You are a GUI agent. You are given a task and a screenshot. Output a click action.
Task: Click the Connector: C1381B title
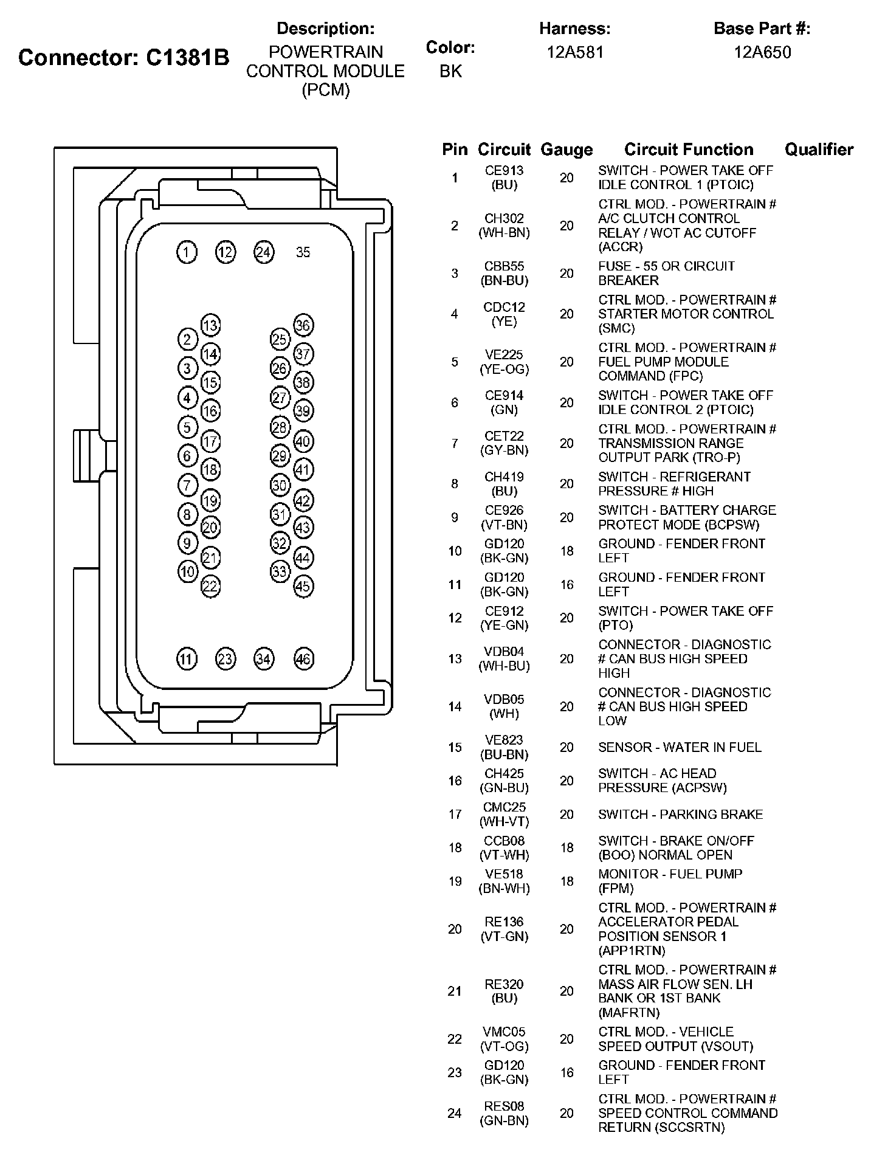click(x=124, y=58)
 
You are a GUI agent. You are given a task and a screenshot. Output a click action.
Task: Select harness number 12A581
click(x=575, y=52)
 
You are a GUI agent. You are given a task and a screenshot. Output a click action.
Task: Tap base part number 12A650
click(x=762, y=52)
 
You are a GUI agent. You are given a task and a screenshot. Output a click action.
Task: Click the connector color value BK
click(x=450, y=72)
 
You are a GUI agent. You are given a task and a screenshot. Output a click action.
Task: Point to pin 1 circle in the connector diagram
click(x=187, y=252)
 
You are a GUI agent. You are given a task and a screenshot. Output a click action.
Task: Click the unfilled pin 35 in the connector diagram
click(x=303, y=252)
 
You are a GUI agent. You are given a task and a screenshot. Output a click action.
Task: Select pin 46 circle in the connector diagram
click(x=303, y=659)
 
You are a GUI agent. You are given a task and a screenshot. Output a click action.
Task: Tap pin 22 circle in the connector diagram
click(x=210, y=586)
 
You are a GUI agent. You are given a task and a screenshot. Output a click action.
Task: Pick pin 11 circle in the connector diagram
click(x=187, y=659)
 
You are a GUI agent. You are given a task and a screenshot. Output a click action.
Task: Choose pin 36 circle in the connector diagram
click(x=303, y=325)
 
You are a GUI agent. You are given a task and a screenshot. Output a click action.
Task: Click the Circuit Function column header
click(x=688, y=150)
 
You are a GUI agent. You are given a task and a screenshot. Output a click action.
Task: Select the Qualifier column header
click(x=819, y=150)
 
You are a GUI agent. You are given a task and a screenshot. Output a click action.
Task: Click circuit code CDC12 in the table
click(x=504, y=308)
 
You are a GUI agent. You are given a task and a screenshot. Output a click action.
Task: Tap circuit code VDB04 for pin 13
click(x=504, y=652)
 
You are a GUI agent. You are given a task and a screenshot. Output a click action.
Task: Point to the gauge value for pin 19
click(x=566, y=881)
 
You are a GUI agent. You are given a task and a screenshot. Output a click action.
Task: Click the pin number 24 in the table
click(x=455, y=1113)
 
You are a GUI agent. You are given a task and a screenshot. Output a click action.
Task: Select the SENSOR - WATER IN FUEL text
click(x=680, y=747)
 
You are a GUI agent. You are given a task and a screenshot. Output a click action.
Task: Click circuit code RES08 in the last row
click(x=504, y=1106)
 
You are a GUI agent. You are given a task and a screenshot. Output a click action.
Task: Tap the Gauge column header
click(x=566, y=150)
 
